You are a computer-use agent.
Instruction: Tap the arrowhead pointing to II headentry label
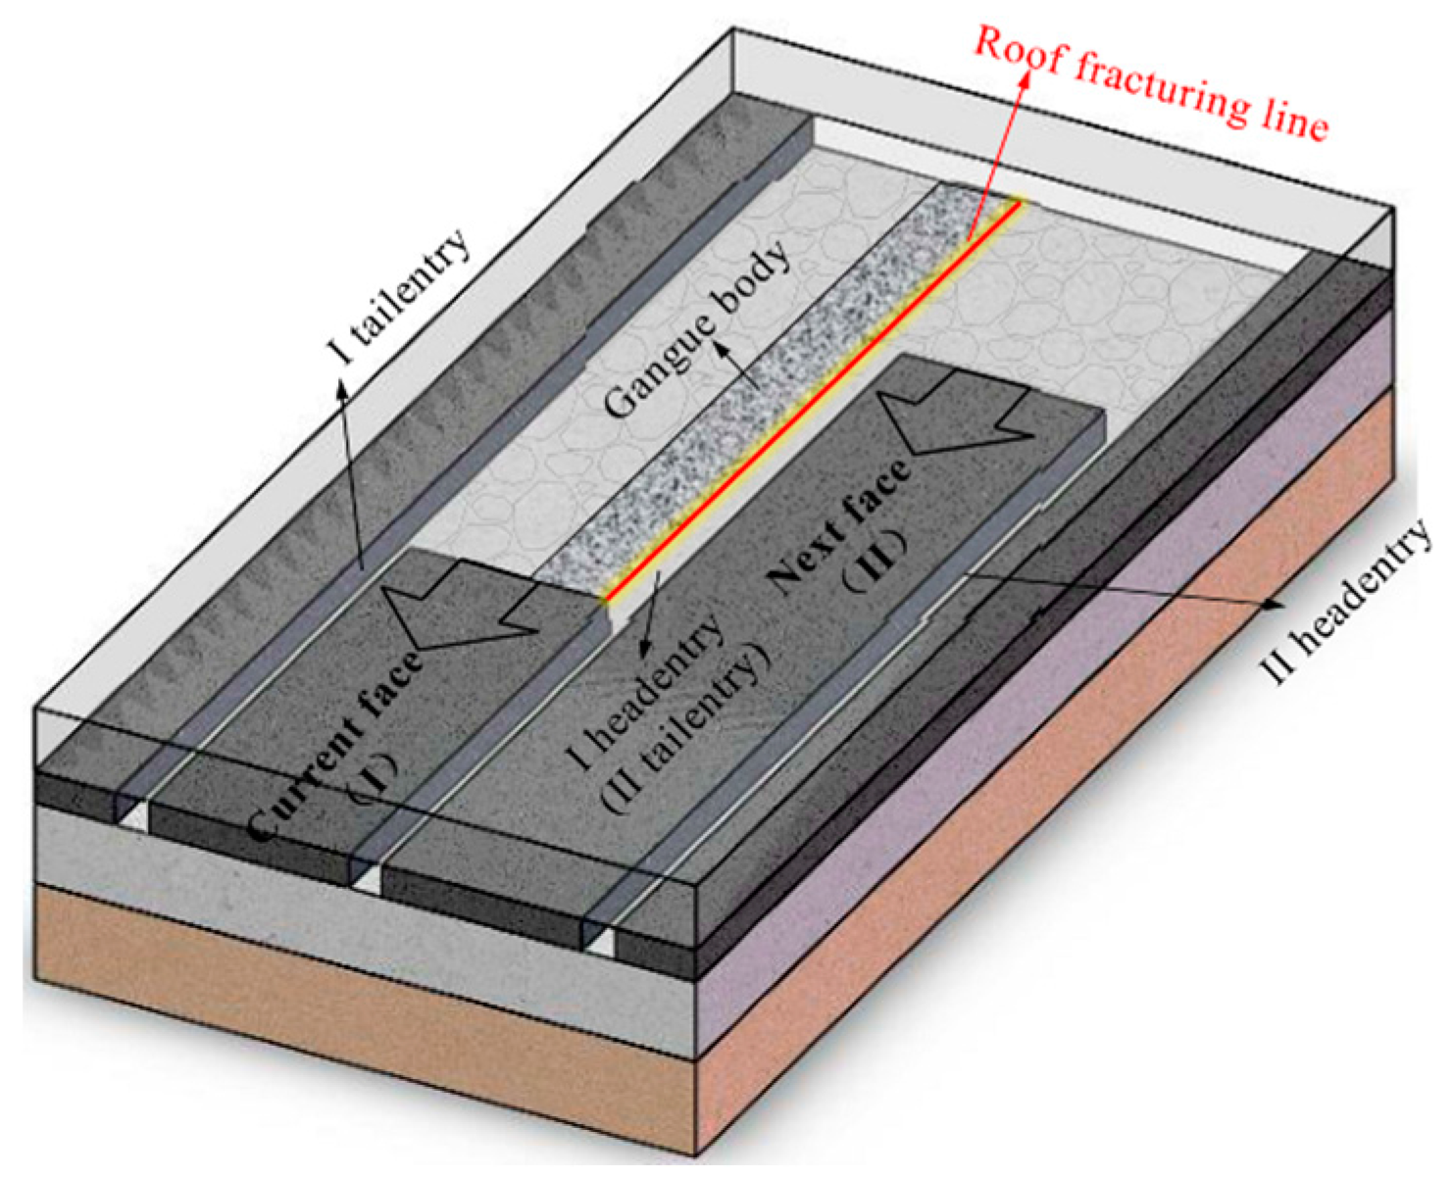point(1275,606)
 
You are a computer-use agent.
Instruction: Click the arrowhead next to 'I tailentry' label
point(342,387)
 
